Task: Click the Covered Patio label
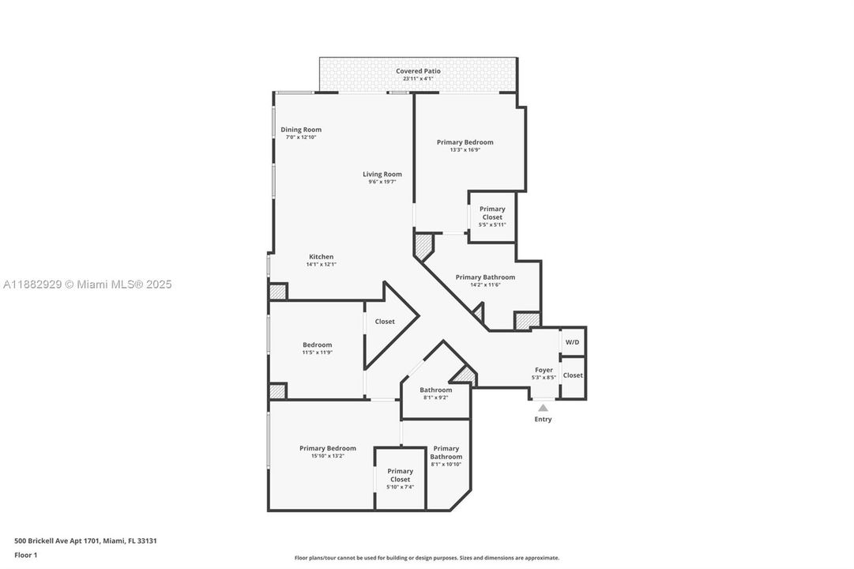point(418,71)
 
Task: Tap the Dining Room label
point(301,130)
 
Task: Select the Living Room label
point(382,175)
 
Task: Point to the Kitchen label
point(321,257)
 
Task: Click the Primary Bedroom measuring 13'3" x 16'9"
point(465,142)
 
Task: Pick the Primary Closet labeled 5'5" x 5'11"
point(492,213)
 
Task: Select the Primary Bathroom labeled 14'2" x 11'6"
point(485,277)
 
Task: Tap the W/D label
point(573,341)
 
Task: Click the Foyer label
point(544,370)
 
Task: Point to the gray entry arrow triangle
point(543,408)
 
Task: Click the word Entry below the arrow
point(543,420)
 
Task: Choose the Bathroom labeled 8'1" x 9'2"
point(435,390)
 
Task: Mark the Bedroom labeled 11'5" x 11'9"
point(317,345)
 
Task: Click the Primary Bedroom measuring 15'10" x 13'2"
point(327,449)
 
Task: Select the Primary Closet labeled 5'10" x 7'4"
point(400,476)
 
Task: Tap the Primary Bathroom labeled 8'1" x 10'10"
point(446,453)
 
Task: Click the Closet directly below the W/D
point(573,375)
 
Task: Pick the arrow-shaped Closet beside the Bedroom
point(385,322)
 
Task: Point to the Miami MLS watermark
point(86,284)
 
